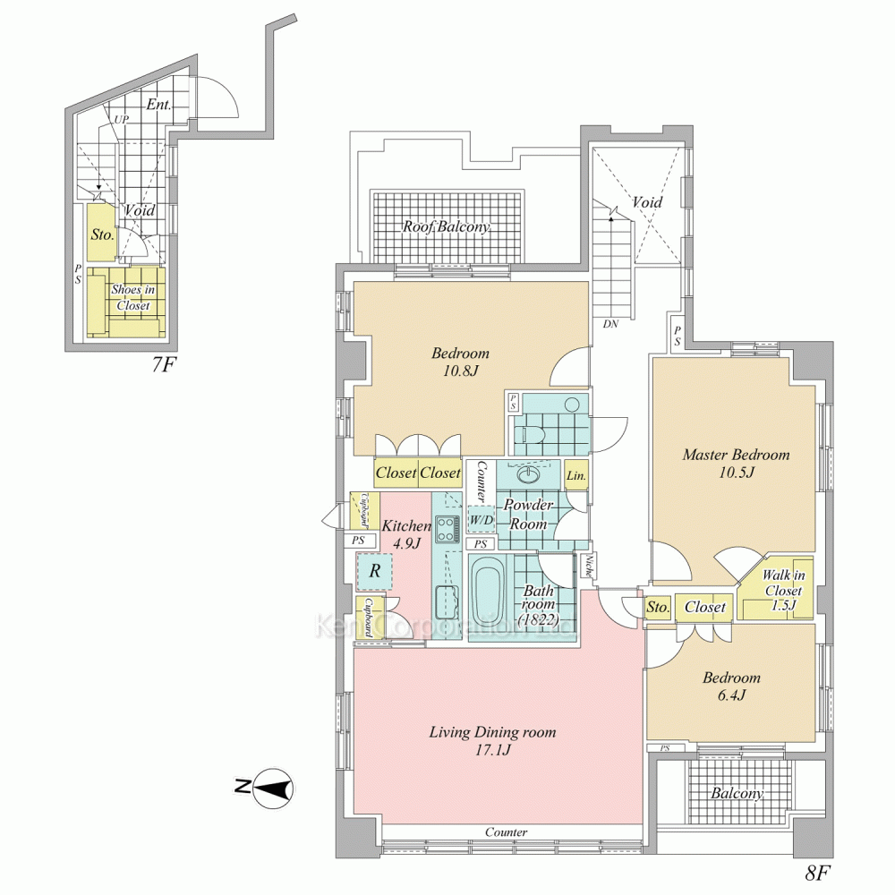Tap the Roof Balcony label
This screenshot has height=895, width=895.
point(447,226)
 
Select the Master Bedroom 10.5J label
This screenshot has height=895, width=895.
point(736,464)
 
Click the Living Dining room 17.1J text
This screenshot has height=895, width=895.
point(492,741)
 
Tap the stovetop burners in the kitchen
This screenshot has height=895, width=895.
point(447,529)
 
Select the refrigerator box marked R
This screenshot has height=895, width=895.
point(374,571)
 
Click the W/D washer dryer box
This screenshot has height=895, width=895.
point(482,520)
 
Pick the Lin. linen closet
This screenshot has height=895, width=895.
point(575,475)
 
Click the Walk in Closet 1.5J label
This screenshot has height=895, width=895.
point(783,590)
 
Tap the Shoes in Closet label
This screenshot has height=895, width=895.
point(133,297)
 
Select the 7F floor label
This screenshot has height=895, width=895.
point(162,364)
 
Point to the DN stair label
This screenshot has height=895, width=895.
point(610,324)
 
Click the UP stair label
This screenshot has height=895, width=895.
point(121,120)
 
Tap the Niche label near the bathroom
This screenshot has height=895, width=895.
point(587,566)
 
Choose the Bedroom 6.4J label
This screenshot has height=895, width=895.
point(731,686)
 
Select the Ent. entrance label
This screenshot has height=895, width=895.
point(158,105)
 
